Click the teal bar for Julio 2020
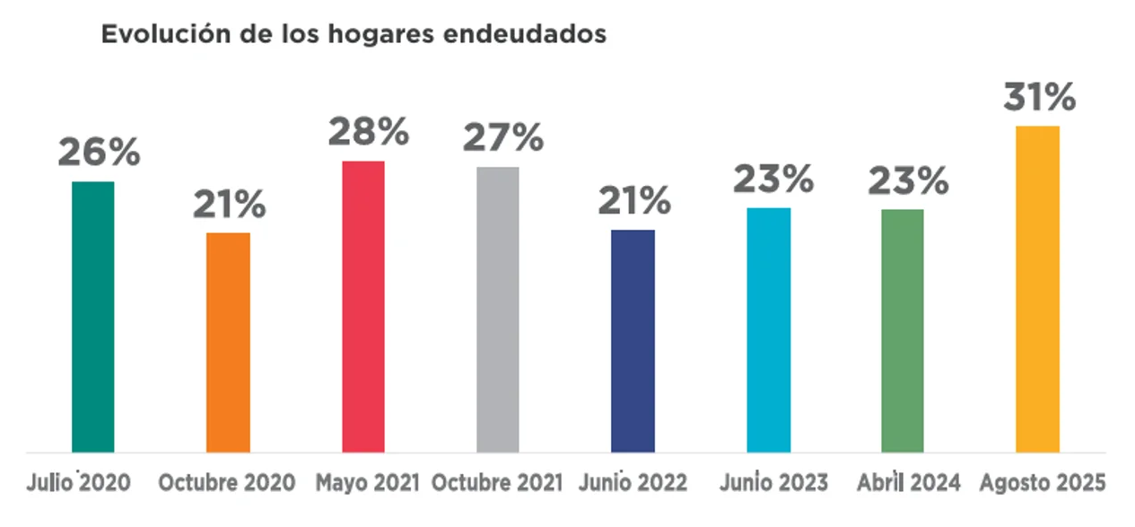point(93,316)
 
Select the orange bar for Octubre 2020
point(228,342)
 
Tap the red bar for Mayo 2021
point(363,306)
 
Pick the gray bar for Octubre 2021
point(498,309)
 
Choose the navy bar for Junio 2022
point(633,340)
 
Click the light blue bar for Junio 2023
point(768,329)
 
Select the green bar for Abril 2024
point(903,330)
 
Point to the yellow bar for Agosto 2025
point(1038,288)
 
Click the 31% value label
point(1039,96)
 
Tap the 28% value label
point(368,132)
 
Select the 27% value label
point(502,137)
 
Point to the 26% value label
point(99,152)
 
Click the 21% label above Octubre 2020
point(229,205)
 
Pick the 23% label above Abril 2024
point(907,182)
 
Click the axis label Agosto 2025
point(1043,483)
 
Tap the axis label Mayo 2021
point(368,483)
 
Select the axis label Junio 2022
point(633,483)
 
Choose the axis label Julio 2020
point(79,483)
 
